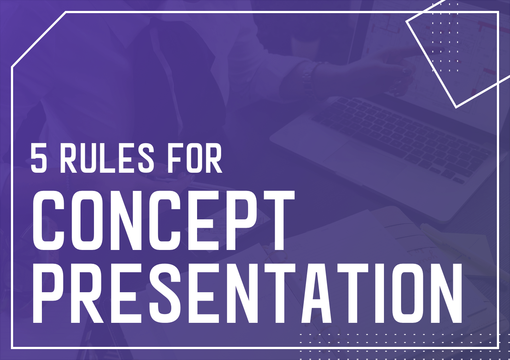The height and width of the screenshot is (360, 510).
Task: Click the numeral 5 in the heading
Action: tap(39, 158)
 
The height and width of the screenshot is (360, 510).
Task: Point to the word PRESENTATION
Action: tap(248, 293)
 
